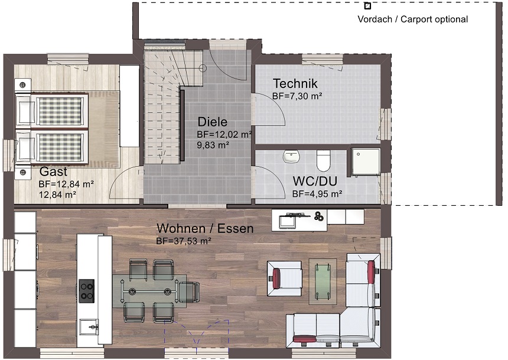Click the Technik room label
tap(295, 84)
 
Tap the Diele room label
tap(212, 122)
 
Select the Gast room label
tap(53, 171)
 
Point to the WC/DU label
tap(315, 181)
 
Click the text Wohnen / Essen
tap(205, 228)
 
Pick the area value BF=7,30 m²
tap(297, 96)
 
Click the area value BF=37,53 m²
tap(184, 241)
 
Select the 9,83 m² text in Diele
tap(213, 145)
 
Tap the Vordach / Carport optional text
tap(412, 19)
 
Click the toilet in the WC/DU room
tap(323, 160)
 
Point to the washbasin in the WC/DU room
tap(291, 156)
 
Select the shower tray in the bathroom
tap(366, 163)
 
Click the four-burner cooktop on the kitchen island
tap(87, 291)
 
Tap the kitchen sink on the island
tap(89, 327)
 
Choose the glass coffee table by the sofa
tap(323, 281)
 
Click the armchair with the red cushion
tap(285, 278)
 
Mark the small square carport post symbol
tap(367, 6)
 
